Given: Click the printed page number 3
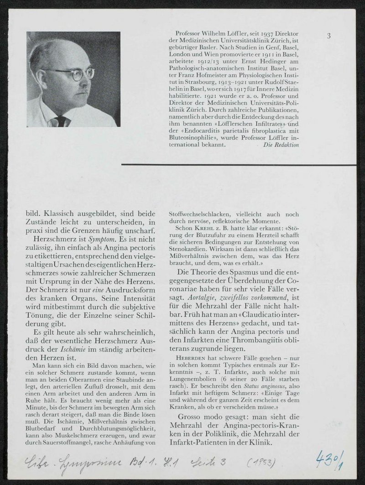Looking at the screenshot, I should pos(328,36).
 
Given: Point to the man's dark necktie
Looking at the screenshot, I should pos(61,121).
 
